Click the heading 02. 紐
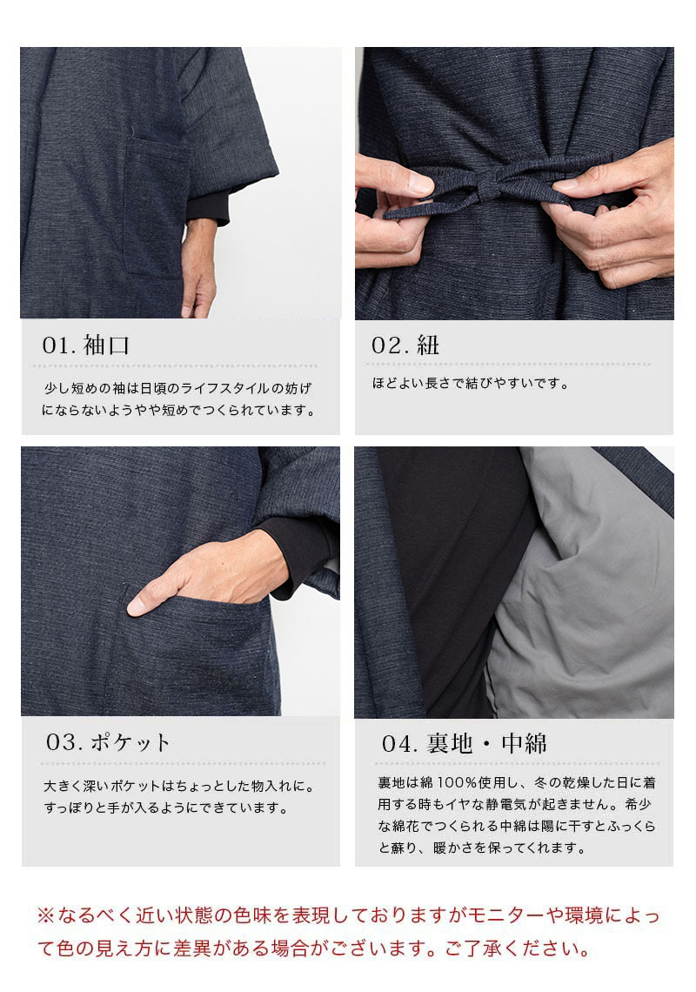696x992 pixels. [x=405, y=345]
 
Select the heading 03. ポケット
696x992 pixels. [x=109, y=742]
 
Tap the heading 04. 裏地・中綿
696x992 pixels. [x=465, y=743]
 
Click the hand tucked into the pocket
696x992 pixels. [x=209, y=578]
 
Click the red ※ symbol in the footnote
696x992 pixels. [x=45, y=915]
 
